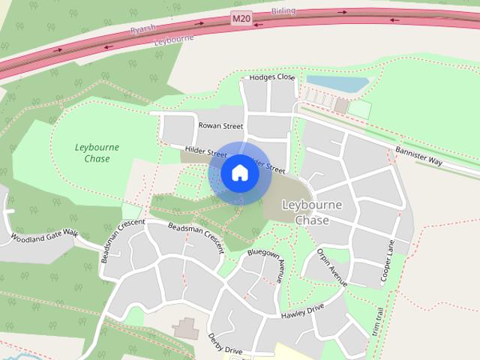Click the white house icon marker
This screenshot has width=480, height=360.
point(240,173)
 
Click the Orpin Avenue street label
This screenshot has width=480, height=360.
point(331,267)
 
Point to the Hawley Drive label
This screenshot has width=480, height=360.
point(302,311)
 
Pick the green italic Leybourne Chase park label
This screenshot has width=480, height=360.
point(97,153)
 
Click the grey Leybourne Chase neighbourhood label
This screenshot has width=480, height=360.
point(312,212)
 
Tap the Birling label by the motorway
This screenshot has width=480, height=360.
point(283,10)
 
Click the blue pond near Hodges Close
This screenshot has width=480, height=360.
point(337,82)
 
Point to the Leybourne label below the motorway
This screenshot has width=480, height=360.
point(169,40)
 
